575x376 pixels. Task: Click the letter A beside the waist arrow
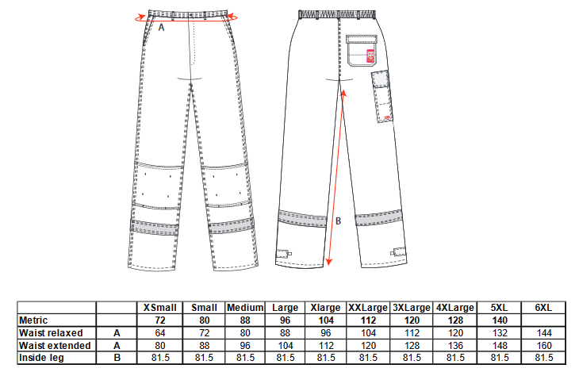[161, 28]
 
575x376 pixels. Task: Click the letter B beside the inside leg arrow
[338, 221]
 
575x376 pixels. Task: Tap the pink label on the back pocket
[370, 56]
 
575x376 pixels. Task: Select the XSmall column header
[160, 308]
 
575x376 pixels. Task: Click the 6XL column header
[543, 308]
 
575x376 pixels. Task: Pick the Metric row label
[33, 320]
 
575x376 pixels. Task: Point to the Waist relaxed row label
[51, 333]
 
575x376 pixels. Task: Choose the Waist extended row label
[55, 346]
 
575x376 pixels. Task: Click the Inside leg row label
[41, 358]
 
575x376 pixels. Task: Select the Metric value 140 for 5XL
[500, 320]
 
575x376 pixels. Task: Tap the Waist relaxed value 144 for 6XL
[543, 333]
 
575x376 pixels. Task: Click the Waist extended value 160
[543, 346]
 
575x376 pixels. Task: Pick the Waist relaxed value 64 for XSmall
[160, 333]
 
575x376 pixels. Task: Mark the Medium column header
[245, 308]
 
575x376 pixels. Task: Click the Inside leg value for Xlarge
[326, 358]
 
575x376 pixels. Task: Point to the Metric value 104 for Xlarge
[326, 320]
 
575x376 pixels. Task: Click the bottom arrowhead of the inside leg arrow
[329, 262]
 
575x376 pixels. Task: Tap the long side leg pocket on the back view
[381, 97]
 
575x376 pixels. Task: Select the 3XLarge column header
[412, 308]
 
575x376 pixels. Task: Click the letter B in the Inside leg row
[117, 358]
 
